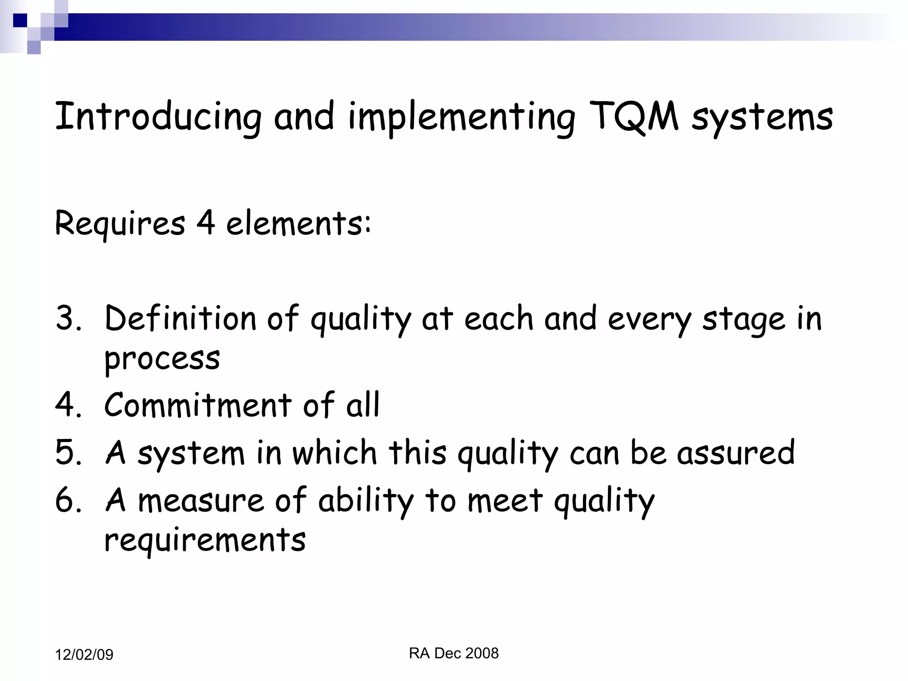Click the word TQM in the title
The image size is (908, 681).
click(x=634, y=117)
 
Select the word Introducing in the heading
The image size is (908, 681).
click(x=158, y=117)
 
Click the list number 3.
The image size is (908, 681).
click(x=68, y=318)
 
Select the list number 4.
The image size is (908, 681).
click(x=68, y=404)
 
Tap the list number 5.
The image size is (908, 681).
click(x=68, y=452)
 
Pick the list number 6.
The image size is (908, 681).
click(x=68, y=500)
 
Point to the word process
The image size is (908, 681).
click(x=162, y=359)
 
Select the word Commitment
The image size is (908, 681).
click(x=198, y=404)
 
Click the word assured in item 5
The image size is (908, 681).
click(x=736, y=452)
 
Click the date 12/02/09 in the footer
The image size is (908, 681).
click(x=84, y=655)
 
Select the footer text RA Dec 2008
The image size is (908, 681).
click(x=454, y=653)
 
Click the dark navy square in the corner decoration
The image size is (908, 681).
click(x=20, y=20)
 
